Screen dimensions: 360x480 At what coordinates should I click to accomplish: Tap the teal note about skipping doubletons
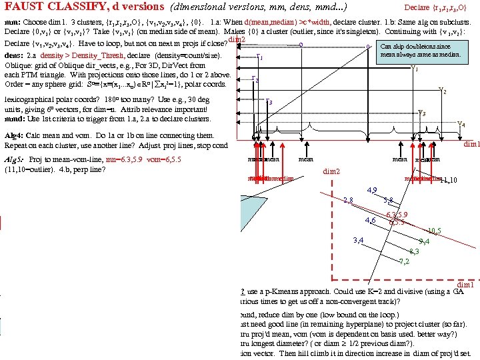[420, 51]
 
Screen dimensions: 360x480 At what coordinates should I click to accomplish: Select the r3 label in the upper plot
[269, 103]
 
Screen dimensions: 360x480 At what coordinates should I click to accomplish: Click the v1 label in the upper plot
[415, 67]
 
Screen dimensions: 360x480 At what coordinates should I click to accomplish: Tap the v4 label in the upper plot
[462, 125]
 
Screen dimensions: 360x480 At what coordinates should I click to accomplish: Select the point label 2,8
[347, 199]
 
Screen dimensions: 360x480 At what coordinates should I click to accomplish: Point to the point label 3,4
[358, 240]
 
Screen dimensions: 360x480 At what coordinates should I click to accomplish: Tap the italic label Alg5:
[15, 160]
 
